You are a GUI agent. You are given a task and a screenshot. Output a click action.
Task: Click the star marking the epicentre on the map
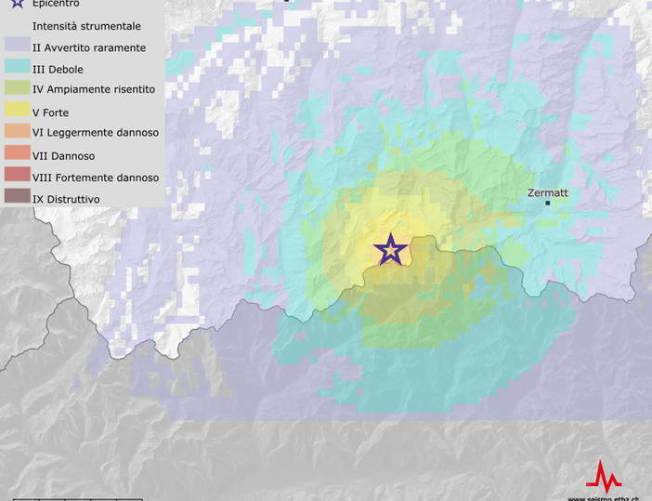point(391,249)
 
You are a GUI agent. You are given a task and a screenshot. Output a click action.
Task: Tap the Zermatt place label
point(547,192)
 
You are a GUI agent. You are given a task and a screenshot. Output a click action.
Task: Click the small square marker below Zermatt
point(548,203)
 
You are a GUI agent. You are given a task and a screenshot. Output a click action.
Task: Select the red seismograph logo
point(604,478)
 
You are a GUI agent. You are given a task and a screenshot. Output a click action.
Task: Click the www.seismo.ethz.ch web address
point(603,498)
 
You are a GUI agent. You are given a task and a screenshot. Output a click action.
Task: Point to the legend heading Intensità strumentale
point(86,26)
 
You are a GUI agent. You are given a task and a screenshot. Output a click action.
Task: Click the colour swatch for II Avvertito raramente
point(17,47)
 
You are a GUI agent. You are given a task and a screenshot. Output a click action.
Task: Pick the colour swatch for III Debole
point(17,69)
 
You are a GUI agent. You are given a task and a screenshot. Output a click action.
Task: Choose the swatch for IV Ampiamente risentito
point(17,90)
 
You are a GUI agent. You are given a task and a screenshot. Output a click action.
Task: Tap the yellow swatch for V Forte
point(17,112)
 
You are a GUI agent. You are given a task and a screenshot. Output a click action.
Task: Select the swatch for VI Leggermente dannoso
point(17,133)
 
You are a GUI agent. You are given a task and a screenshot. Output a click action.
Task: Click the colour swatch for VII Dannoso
point(17,155)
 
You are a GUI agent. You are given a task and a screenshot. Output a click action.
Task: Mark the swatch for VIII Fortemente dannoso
point(17,177)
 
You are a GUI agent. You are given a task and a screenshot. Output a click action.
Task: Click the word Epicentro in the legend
point(56,4)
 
